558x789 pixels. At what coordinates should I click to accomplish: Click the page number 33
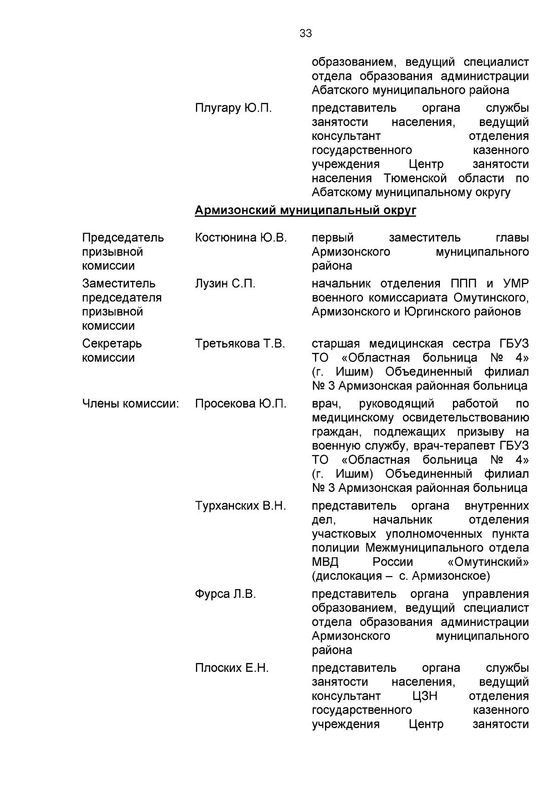[306, 33]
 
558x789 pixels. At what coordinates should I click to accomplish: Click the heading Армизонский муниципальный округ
[305, 211]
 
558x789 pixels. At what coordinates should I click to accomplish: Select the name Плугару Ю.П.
[233, 108]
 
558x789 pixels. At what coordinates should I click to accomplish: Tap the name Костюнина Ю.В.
[241, 238]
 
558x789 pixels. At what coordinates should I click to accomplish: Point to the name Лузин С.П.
[225, 284]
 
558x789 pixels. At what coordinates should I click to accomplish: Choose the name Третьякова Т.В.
[240, 344]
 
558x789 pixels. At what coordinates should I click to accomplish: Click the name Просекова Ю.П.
[240, 404]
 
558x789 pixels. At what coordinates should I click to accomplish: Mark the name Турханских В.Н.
[240, 506]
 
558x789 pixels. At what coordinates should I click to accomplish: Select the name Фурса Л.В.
[226, 594]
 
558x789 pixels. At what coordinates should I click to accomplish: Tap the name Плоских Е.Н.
[232, 669]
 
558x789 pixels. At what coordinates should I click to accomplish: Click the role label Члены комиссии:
[131, 404]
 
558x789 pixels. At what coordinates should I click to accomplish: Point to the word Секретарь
[112, 344]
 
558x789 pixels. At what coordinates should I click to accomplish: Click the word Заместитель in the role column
[119, 284]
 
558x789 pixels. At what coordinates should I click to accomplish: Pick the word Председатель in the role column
[123, 238]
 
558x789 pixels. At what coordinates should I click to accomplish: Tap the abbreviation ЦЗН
[425, 696]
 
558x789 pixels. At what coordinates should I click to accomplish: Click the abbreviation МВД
[325, 562]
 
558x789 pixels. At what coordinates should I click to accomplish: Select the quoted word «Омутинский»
[488, 562]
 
